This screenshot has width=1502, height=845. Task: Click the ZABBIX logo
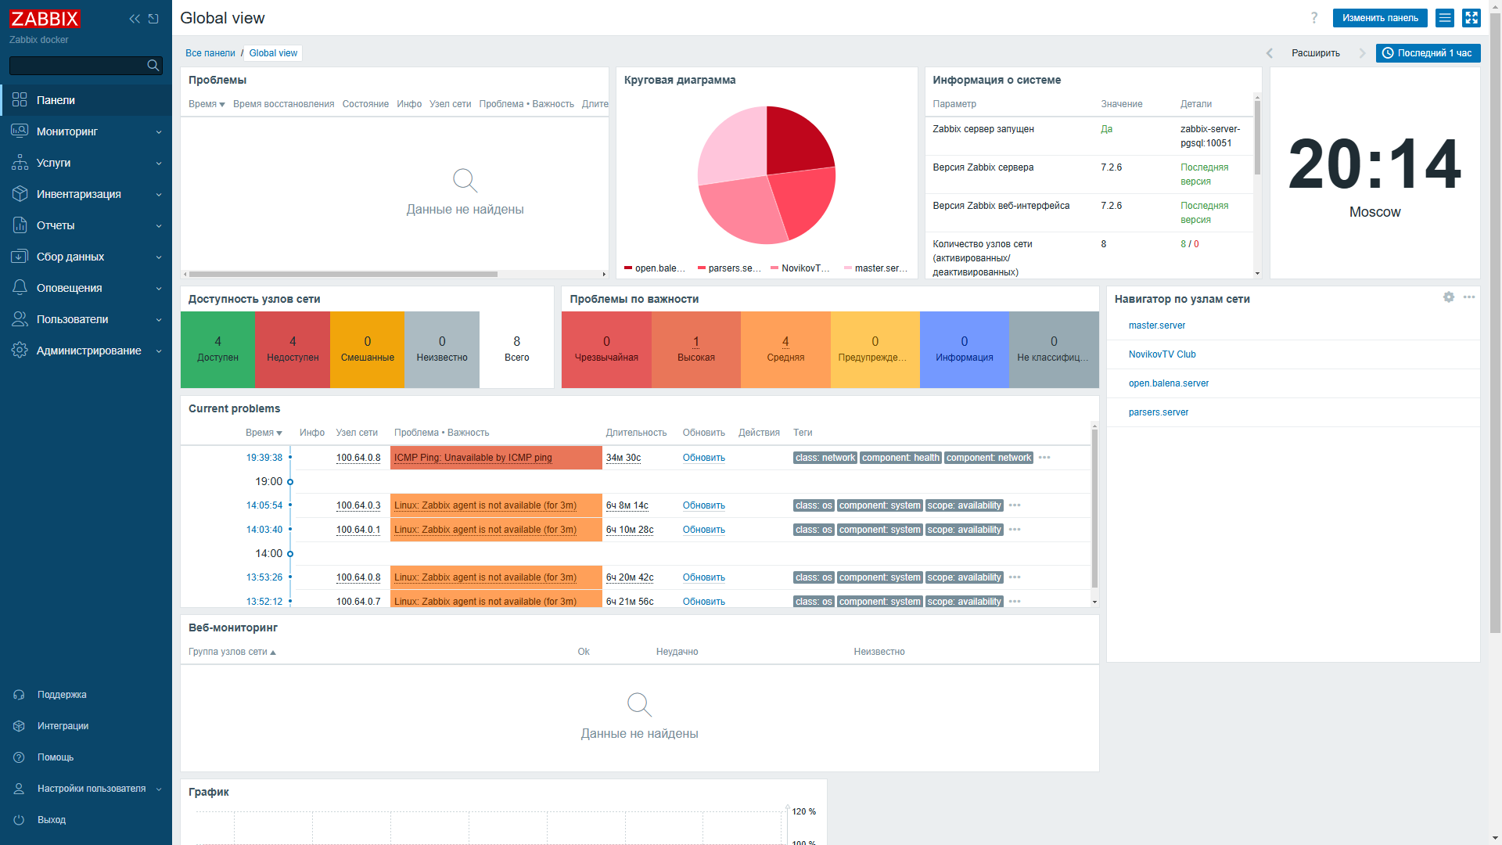pyautogui.click(x=45, y=19)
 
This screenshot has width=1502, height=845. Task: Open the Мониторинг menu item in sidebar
pyautogui.click(x=66, y=131)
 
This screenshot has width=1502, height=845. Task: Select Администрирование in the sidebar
pyautogui.click(x=88, y=351)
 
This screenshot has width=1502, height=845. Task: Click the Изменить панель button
pyautogui.click(x=1379, y=18)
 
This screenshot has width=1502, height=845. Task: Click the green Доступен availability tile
pyautogui.click(x=217, y=350)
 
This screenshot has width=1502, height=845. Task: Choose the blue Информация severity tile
pyautogui.click(x=964, y=350)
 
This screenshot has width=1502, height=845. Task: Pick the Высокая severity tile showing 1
pyautogui.click(x=695, y=350)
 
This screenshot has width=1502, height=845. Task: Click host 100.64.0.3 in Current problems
pyautogui.click(x=358, y=505)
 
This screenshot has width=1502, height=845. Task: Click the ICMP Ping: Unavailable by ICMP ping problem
pyautogui.click(x=473, y=458)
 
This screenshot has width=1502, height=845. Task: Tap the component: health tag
pyautogui.click(x=900, y=458)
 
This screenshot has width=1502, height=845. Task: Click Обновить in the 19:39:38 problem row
pyautogui.click(x=703, y=458)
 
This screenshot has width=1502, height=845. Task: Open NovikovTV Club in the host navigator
pyautogui.click(x=1162, y=354)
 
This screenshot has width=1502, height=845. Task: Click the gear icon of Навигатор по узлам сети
pyautogui.click(x=1448, y=297)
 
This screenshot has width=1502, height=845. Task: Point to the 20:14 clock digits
pyautogui.click(x=1374, y=164)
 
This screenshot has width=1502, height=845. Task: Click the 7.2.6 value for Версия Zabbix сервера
pyautogui.click(x=1111, y=167)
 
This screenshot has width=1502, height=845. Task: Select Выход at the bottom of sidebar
pyautogui.click(x=52, y=820)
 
